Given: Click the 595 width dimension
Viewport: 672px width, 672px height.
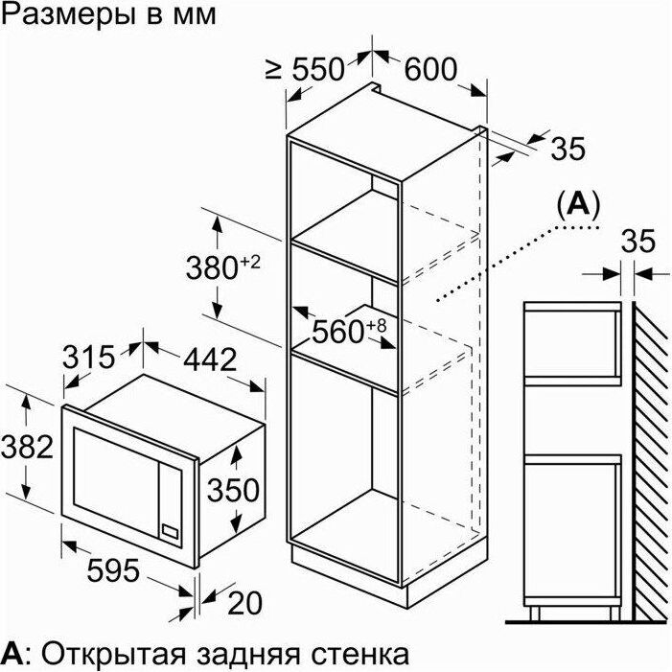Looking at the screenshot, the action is pyautogui.click(x=113, y=570).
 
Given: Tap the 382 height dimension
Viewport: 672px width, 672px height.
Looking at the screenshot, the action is pyautogui.click(x=27, y=447).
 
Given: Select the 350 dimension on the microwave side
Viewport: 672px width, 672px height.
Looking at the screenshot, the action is pyautogui.click(x=233, y=490).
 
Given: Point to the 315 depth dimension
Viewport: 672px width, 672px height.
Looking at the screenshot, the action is pyautogui.click(x=89, y=357).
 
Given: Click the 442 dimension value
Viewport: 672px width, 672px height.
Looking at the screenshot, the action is pyautogui.click(x=210, y=359).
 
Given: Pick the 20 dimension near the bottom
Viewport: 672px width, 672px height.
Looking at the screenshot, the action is pyautogui.click(x=244, y=603).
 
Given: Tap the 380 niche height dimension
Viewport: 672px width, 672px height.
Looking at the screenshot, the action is pyautogui.click(x=212, y=268).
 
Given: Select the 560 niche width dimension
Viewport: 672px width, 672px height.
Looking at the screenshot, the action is pyautogui.click(x=338, y=332).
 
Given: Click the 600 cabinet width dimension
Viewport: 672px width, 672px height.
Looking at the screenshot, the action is pyautogui.click(x=430, y=69).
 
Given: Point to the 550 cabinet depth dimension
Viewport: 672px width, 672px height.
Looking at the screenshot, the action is pyautogui.click(x=318, y=69).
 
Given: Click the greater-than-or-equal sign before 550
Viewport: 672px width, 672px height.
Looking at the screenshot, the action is pyautogui.click(x=273, y=69).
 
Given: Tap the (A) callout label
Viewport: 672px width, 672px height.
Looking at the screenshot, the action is pyautogui.click(x=578, y=205).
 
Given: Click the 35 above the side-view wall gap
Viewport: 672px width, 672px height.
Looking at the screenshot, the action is pyautogui.click(x=638, y=242).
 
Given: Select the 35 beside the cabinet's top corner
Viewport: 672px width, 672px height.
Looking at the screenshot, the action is pyautogui.click(x=568, y=149).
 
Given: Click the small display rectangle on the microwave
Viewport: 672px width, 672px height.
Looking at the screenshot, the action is pyautogui.click(x=170, y=531).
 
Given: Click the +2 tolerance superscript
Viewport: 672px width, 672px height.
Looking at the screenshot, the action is pyautogui.click(x=250, y=263).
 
